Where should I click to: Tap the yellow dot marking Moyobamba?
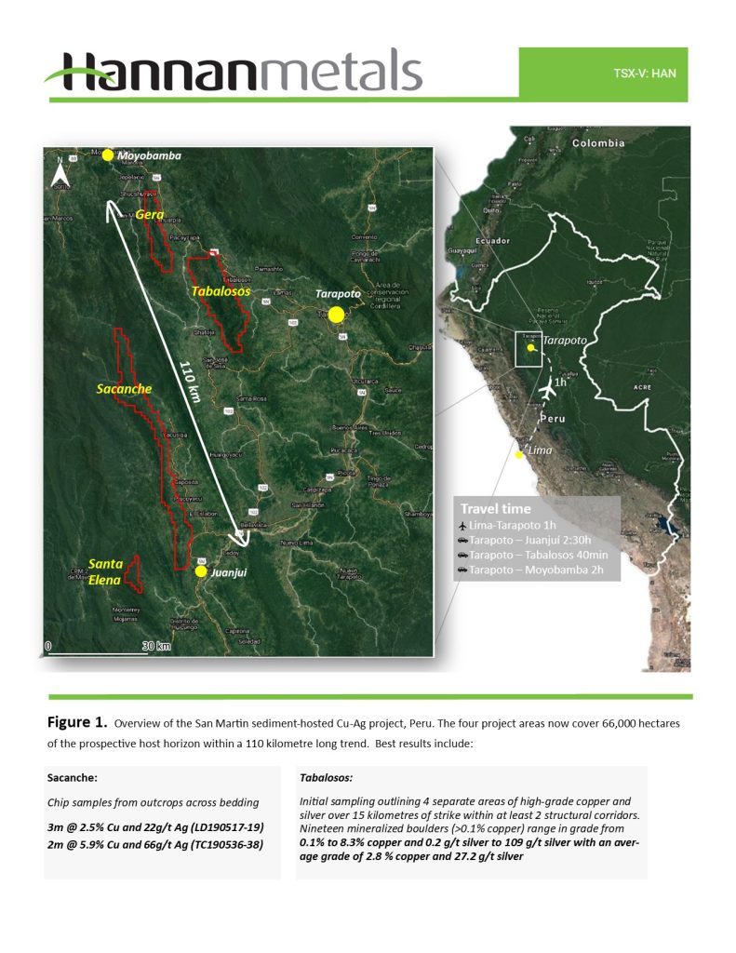click(108, 155)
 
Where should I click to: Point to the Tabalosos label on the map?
click(221, 290)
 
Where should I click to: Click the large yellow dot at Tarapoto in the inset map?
click(337, 315)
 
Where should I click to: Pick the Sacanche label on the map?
click(124, 388)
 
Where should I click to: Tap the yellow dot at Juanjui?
click(201, 571)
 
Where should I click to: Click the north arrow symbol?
click(60, 172)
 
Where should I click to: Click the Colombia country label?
click(598, 143)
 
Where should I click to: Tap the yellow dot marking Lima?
click(518, 454)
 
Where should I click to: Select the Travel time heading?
click(495, 509)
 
